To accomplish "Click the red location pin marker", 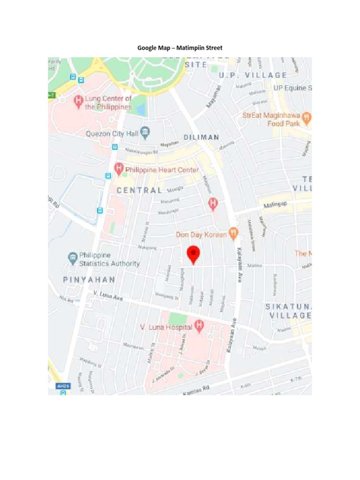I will [194, 254].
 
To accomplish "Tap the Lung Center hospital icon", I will [78, 101].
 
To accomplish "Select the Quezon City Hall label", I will [112, 134].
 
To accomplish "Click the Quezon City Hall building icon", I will [145, 133].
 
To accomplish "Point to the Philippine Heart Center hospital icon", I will [119, 168].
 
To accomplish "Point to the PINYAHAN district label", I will [89, 280].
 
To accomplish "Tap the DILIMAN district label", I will [201, 137].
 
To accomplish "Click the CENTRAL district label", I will [139, 190].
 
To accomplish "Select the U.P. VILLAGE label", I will [253, 75].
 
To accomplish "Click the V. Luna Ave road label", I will [108, 296].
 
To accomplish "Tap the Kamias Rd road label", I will [196, 390].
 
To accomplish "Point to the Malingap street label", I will [275, 204].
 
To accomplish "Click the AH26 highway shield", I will [62, 386].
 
